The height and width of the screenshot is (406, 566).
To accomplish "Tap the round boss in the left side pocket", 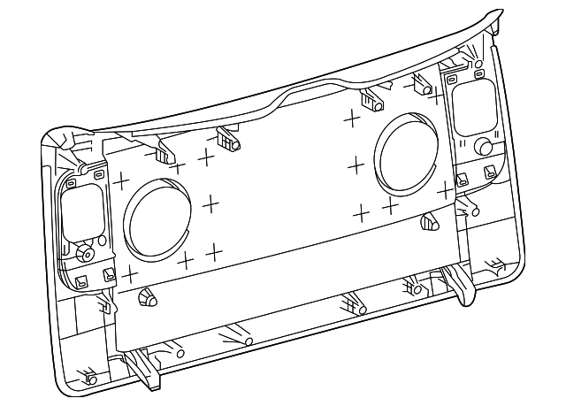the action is [86, 253].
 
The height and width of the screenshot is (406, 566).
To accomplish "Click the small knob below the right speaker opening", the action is [431, 220].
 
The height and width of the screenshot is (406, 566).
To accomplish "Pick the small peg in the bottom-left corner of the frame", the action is [90, 379].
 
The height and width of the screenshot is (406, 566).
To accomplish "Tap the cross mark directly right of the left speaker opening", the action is [210, 204].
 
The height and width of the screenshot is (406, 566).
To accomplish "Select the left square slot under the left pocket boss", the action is [80, 281].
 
